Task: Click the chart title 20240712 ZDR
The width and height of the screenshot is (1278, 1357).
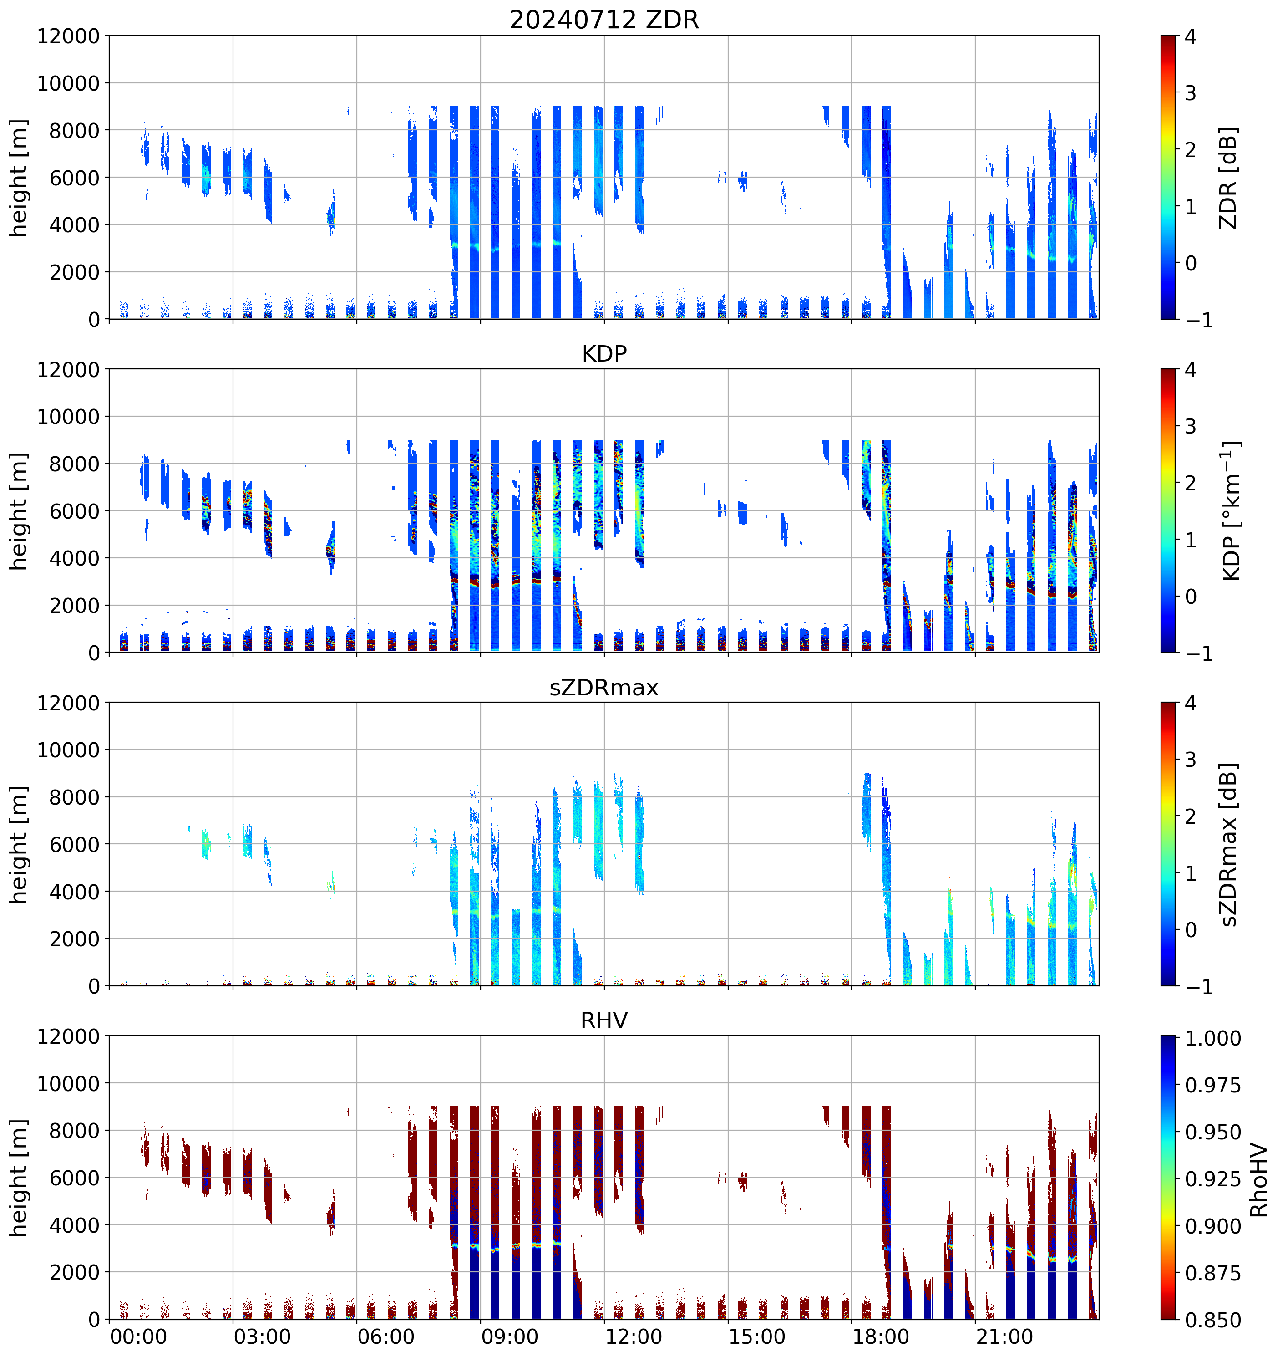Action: pyautogui.click(x=604, y=20)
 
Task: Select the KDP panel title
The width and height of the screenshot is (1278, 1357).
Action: pyautogui.click(x=604, y=353)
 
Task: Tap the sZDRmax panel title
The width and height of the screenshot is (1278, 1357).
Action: pyautogui.click(x=604, y=687)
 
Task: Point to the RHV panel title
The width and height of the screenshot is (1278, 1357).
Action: pyautogui.click(x=604, y=1020)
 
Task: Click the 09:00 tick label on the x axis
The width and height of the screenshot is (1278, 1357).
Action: pyautogui.click(x=510, y=1337)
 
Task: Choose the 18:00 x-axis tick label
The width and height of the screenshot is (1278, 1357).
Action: pyautogui.click(x=881, y=1337)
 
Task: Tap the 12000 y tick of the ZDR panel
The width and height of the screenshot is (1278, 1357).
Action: pyautogui.click(x=68, y=36)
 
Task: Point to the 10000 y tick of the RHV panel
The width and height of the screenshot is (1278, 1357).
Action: pyautogui.click(x=68, y=1084)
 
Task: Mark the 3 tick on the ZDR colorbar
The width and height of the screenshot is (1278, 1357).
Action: pyautogui.click(x=1191, y=93)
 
